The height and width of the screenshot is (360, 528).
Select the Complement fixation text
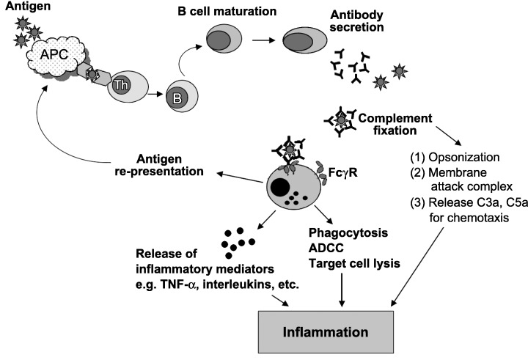pos(392,122)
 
